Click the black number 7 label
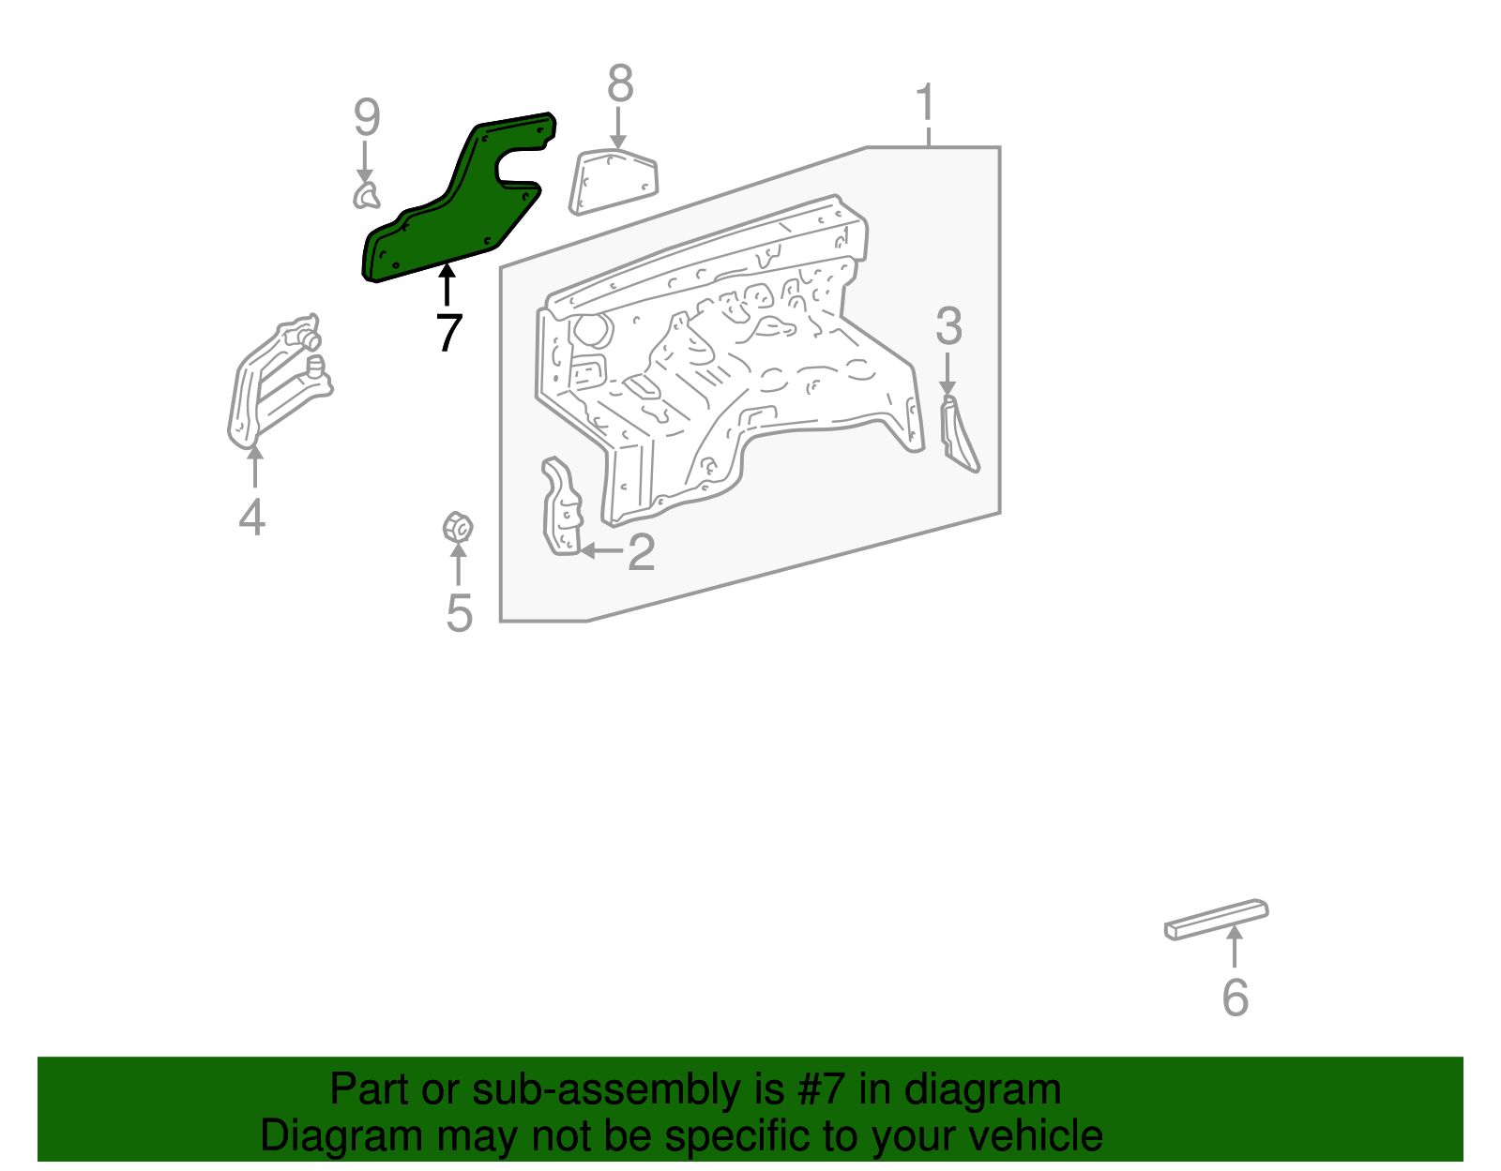[x=449, y=332]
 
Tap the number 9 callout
[x=367, y=119]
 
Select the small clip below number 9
[x=366, y=196]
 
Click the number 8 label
[x=620, y=84]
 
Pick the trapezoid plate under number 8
[x=614, y=182]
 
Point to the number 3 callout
[x=948, y=326]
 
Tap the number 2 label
[x=641, y=552]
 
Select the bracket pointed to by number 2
[x=562, y=507]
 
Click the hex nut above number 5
[x=457, y=528]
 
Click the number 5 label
[x=459, y=613]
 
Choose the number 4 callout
[x=251, y=517]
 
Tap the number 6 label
[x=1235, y=997]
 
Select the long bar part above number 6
[x=1216, y=919]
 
